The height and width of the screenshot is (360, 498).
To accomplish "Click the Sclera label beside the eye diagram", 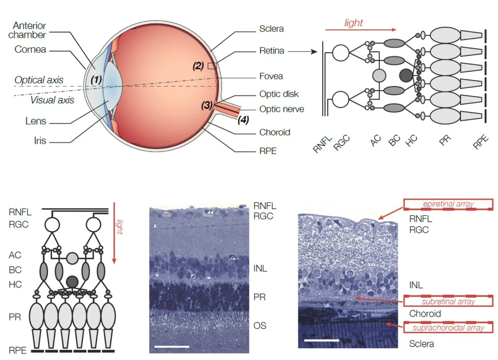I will click(271, 29).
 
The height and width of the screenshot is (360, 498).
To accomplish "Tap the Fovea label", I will click(271, 76).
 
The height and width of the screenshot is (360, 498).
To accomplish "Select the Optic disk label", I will click(279, 94).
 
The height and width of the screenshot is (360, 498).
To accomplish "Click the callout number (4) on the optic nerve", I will click(243, 121).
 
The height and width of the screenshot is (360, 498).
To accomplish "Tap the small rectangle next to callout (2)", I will click(212, 65).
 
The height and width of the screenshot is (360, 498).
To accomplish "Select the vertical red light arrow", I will click(115, 235).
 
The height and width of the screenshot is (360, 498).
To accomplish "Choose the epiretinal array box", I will click(448, 204).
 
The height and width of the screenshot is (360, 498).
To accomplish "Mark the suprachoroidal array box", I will click(448, 327).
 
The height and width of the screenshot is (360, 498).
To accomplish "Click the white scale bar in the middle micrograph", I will click(171, 345).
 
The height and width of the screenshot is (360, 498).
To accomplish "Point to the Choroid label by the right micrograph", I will click(425, 313).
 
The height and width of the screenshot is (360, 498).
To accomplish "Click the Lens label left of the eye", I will click(35, 122).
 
